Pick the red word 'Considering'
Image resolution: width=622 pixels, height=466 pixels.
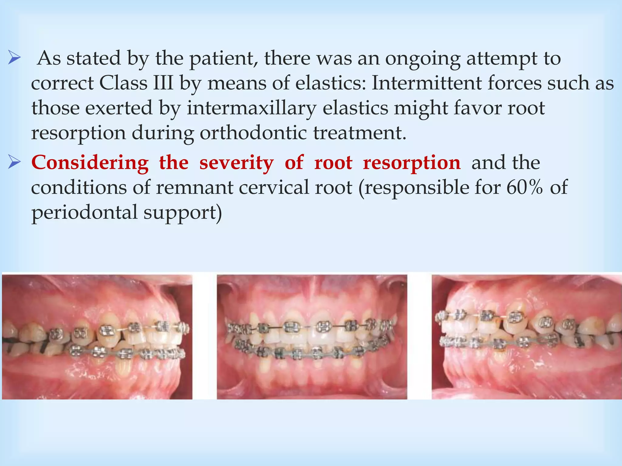point(90,163)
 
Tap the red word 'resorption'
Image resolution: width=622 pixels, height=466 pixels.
point(412,163)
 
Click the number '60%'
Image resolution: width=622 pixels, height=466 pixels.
point(524,187)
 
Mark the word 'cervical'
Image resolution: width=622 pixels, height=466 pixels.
point(275,187)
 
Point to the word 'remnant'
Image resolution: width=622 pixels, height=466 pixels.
point(194,187)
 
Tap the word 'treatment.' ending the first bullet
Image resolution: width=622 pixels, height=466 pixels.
point(360,133)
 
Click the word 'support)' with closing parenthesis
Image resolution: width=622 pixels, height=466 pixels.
point(183,212)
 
